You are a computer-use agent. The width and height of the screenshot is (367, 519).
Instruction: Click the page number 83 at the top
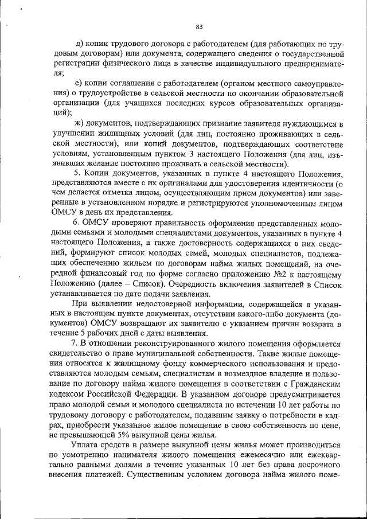tap(199, 26)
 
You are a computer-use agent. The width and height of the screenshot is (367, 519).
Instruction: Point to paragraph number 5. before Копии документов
tap(78, 173)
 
